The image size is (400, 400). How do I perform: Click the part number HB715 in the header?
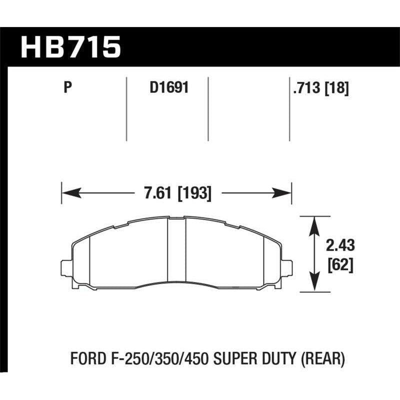click(x=70, y=46)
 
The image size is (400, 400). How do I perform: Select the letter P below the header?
click(x=67, y=88)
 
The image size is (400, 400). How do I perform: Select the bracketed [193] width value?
click(x=195, y=192)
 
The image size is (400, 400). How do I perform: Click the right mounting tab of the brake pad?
click(x=286, y=268)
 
